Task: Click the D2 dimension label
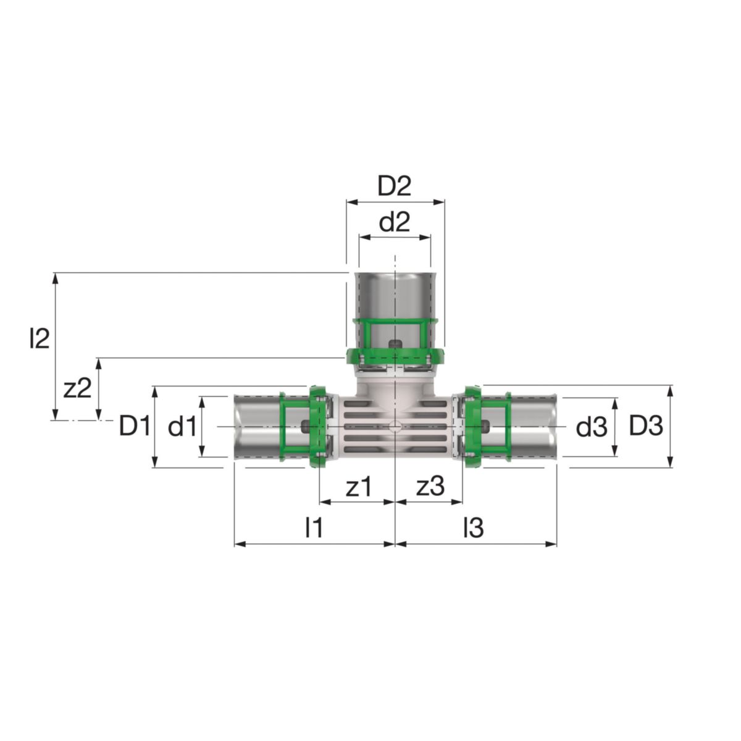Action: (395, 186)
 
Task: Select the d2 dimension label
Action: (395, 222)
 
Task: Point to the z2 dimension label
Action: (78, 388)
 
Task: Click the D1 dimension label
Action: (135, 426)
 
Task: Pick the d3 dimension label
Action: (592, 427)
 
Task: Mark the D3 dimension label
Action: (646, 425)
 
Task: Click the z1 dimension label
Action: (359, 487)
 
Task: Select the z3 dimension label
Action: (430, 487)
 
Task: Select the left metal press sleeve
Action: (256, 426)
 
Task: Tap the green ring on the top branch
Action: (395, 356)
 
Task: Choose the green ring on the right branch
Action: (473, 426)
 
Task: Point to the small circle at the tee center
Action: (395, 426)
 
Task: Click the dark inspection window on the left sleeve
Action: (304, 425)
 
